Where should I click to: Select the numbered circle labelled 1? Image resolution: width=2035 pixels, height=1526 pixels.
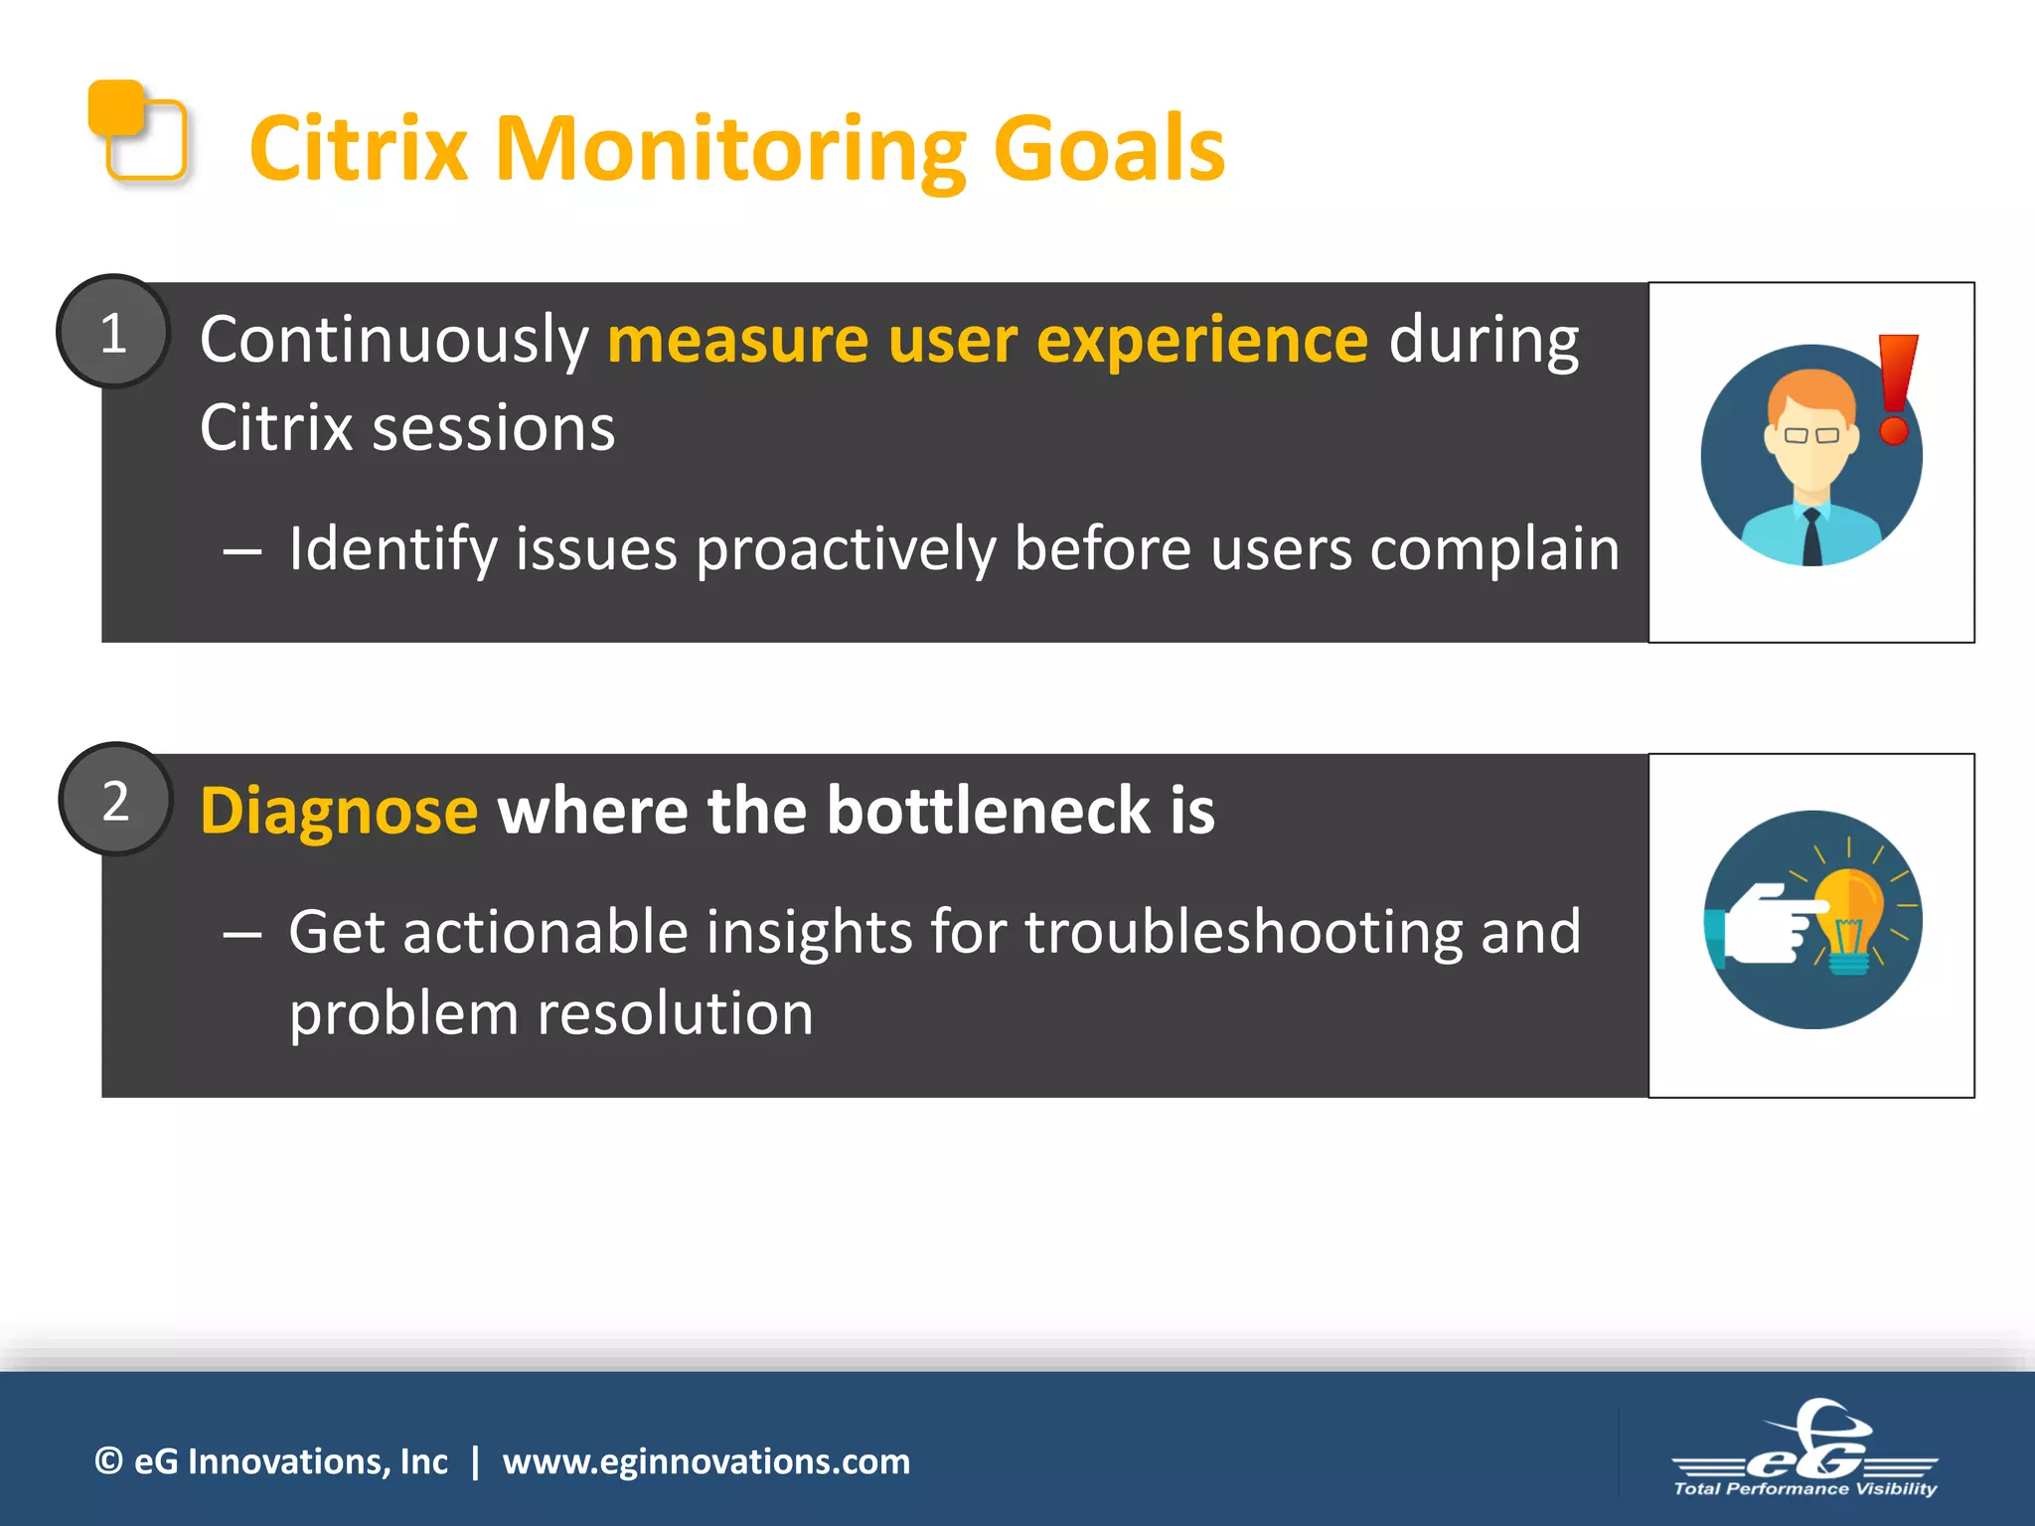point(113,332)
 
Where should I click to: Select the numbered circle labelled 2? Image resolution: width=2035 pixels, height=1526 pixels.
point(115,800)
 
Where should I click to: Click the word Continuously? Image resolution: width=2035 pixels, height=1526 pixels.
point(394,341)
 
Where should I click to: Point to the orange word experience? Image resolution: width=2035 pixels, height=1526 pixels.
point(1202,341)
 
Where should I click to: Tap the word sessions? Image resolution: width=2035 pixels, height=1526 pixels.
point(493,429)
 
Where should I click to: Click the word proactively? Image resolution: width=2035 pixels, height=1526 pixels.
point(845,548)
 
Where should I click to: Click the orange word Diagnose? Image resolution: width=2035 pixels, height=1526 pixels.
point(339,811)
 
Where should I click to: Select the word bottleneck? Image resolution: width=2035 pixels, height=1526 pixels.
point(989,811)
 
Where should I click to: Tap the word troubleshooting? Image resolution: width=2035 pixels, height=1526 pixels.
point(1244,932)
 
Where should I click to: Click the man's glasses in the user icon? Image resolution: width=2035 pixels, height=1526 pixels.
point(1810,435)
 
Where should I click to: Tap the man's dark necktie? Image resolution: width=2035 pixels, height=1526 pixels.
point(1811,536)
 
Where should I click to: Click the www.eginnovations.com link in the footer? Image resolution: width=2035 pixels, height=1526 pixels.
point(705,1461)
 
